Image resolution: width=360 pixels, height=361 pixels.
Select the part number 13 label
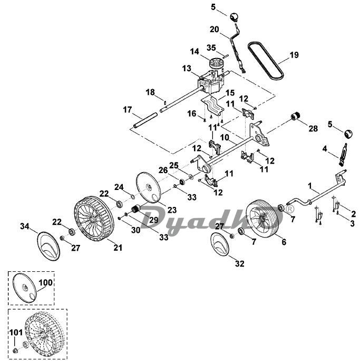187,69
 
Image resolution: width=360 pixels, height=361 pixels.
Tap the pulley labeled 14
216,62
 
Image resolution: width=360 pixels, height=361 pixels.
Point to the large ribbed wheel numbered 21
94,218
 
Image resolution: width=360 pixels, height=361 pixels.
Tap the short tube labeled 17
145,119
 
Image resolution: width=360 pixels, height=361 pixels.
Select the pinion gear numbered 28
295,116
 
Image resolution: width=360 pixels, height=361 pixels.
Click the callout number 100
45,282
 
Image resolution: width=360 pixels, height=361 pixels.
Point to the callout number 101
16,332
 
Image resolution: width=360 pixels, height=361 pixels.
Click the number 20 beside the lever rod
214,30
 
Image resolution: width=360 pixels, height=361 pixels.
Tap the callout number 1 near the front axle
310,185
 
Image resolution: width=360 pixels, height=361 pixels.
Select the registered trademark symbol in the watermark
290,209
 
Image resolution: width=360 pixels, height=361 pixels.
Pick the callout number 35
211,47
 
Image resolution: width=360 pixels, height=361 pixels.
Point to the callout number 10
225,138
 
